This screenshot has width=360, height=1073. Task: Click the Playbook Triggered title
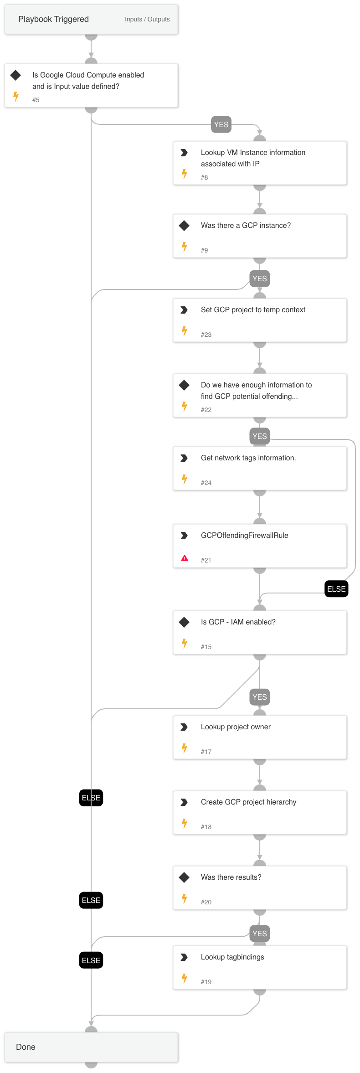click(53, 19)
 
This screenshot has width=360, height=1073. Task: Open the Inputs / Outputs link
click(147, 19)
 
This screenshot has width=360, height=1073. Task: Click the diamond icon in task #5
click(15, 75)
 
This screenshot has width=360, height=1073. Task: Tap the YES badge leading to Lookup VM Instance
click(221, 124)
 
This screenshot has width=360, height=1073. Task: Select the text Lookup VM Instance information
click(253, 153)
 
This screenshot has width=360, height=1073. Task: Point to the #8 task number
click(204, 177)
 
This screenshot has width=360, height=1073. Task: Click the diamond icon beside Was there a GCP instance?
click(184, 226)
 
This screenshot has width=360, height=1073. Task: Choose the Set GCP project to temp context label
click(253, 310)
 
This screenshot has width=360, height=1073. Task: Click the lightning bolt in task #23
click(185, 331)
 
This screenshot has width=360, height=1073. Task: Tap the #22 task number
click(206, 410)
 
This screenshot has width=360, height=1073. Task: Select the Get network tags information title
click(248, 458)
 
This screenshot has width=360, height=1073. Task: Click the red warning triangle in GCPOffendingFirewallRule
click(185, 558)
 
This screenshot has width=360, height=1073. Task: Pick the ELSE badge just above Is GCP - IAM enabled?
click(336, 589)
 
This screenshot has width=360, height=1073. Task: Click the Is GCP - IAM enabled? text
click(238, 622)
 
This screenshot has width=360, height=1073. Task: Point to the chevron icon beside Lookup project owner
click(184, 727)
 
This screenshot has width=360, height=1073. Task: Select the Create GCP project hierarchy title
click(248, 802)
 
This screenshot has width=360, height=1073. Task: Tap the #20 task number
click(206, 902)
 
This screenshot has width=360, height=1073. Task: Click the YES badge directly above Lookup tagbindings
click(259, 934)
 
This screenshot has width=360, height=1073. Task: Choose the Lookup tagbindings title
click(232, 957)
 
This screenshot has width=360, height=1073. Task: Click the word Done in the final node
click(26, 1047)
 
